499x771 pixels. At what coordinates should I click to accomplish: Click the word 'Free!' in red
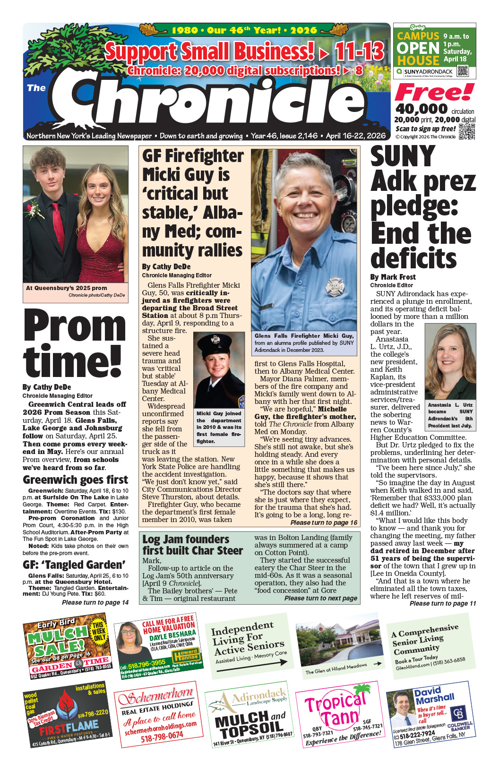click(x=434, y=92)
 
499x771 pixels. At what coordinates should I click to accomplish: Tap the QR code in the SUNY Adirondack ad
click(x=462, y=71)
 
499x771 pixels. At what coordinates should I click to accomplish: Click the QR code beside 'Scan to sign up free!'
click(x=466, y=132)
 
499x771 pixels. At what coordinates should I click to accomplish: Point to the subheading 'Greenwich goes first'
click(x=75, y=480)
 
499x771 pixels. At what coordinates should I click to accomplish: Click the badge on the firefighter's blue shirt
click(x=335, y=287)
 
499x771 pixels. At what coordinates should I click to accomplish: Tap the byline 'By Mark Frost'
click(x=393, y=277)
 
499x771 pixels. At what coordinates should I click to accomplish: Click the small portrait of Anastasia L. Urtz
click(x=450, y=361)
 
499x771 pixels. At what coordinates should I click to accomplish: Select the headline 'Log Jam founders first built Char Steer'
click(x=192, y=545)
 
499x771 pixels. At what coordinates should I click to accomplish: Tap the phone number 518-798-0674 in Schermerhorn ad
click(x=162, y=736)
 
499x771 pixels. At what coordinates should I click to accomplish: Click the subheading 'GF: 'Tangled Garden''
click(x=74, y=565)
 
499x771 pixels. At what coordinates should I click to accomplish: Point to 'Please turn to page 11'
click(x=443, y=603)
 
